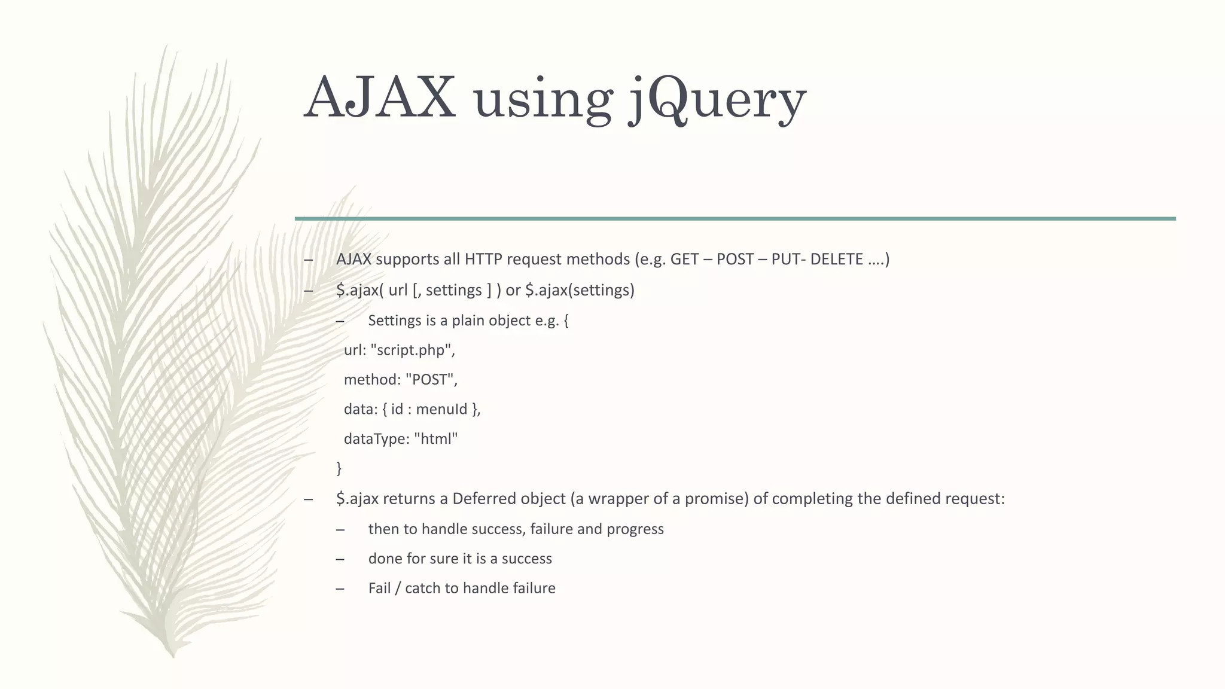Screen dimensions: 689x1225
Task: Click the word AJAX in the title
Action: (379, 97)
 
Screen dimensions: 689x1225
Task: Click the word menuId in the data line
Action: (441, 410)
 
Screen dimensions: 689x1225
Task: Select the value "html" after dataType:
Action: (435, 439)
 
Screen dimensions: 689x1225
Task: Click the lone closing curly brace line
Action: (339, 468)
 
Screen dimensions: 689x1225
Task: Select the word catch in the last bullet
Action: (422, 589)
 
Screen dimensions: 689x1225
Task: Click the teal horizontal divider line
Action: (735, 219)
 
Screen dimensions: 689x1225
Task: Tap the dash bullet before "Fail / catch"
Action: (340, 589)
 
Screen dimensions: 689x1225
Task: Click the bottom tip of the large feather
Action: (173, 656)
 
